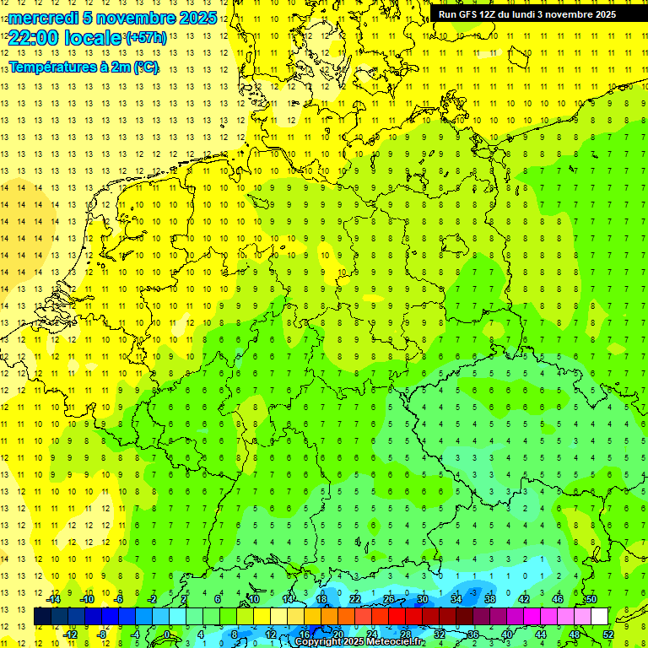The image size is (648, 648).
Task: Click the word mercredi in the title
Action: tap(42, 18)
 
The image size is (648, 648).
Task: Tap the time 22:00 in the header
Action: tap(32, 37)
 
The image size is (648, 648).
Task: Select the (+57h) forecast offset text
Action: tap(146, 37)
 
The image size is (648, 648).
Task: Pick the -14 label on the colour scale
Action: tap(53, 598)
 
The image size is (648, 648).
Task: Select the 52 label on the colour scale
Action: tap(608, 634)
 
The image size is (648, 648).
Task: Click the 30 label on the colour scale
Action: tap(422, 598)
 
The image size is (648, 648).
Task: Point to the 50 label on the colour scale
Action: tap(591, 598)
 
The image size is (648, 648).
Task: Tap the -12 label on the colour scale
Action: tap(71, 634)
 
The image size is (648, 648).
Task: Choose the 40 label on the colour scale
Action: tap(506, 634)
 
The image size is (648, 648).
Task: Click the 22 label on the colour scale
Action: tap(355, 598)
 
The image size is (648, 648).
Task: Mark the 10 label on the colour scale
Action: tap(254, 598)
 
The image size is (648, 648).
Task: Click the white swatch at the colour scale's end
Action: tap(599, 616)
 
